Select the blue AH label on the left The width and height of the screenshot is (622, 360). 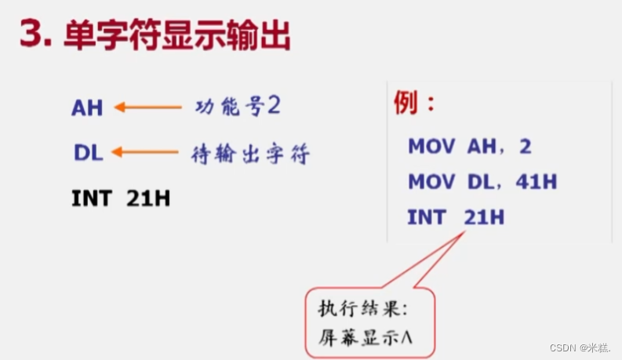pos(87,107)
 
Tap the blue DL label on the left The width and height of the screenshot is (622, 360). pos(88,153)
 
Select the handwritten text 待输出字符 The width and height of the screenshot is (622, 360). pos(250,154)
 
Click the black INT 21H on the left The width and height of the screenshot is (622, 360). pos(121,198)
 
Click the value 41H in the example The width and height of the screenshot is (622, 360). pos(537,182)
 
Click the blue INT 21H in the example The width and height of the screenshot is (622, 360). pos(455,217)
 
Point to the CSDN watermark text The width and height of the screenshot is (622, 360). pos(581,347)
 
